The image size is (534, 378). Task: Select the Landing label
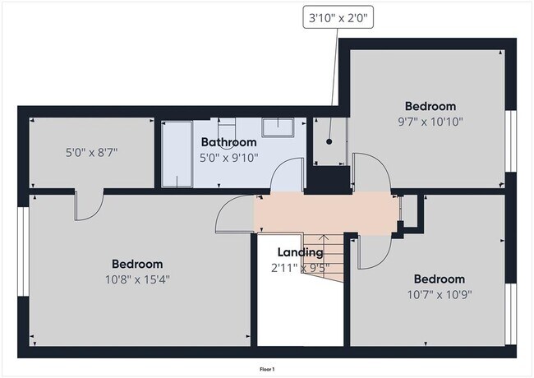tap(300, 252)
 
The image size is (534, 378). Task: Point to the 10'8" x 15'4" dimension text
tap(137, 279)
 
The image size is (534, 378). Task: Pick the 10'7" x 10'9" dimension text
tap(439, 294)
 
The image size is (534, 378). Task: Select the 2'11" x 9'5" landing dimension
tap(300, 267)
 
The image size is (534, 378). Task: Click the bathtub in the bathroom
tap(176, 153)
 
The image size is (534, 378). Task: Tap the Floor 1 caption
tap(266, 370)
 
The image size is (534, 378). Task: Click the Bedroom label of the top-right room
tap(430, 106)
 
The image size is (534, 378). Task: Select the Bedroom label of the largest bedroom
tap(137, 264)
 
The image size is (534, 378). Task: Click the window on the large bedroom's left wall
tap(24, 251)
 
